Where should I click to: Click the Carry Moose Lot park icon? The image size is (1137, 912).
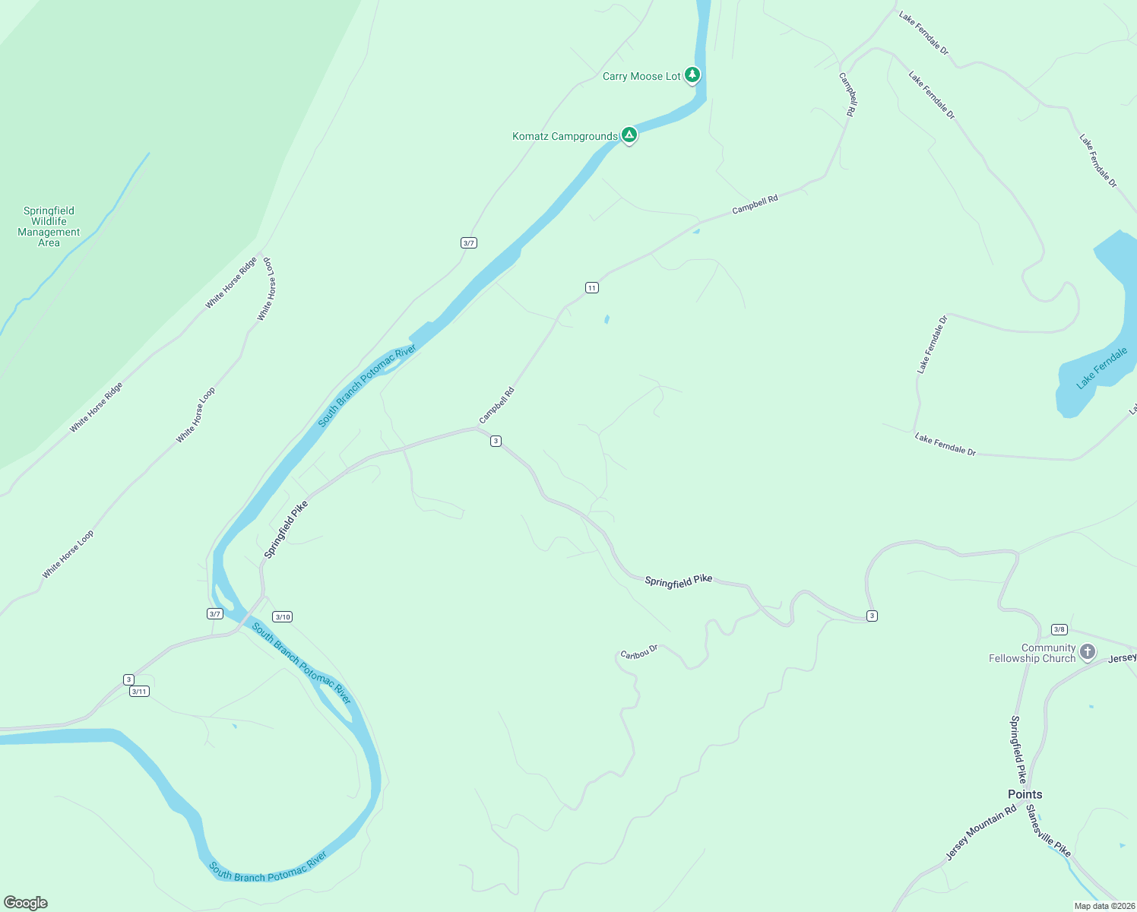point(692,74)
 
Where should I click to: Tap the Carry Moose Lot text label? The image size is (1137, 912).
point(641,77)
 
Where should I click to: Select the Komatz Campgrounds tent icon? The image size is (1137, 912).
point(629,135)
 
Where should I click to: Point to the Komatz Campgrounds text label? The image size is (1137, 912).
point(565,137)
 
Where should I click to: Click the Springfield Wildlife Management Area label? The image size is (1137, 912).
point(49,226)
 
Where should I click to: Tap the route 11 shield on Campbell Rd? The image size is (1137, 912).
point(592,287)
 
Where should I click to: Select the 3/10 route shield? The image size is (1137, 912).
point(283,617)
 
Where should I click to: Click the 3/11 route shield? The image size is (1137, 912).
point(139,692)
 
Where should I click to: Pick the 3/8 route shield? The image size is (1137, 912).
point(1059,629)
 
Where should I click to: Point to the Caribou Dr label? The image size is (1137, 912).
point(638,653)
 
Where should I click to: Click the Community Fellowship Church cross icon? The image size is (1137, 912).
point(1088,651)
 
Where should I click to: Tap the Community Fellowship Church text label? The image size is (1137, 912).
point(1032,654)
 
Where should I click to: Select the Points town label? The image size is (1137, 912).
point(1025,794)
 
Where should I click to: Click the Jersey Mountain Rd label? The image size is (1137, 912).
point(980,833)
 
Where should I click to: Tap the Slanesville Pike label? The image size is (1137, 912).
point(1048,831)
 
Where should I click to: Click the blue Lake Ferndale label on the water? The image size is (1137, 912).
point(1101,369)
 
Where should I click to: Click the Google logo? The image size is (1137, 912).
point(26,903)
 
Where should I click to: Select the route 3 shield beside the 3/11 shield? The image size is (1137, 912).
point(128,679)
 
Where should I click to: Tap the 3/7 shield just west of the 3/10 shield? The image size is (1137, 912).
point(214,614)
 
